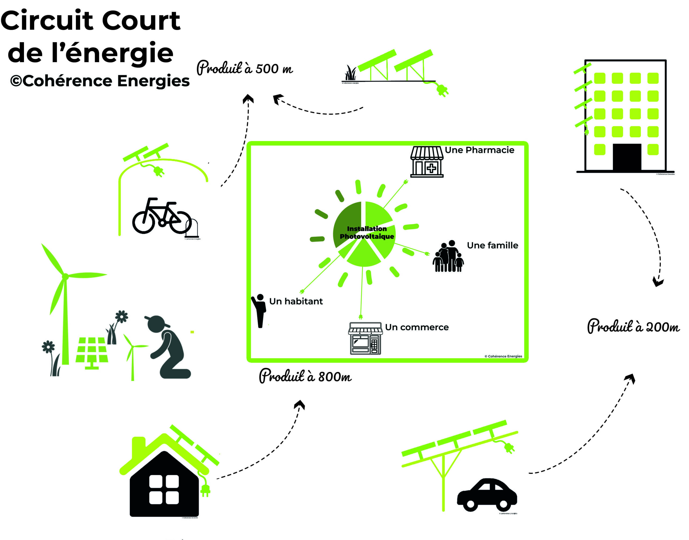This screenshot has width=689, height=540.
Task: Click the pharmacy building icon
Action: (427, 162)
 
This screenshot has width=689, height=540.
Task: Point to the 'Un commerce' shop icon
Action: (365, 338)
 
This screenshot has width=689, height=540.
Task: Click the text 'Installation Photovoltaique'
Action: (367, 232)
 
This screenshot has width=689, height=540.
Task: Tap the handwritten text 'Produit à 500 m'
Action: (245, 68)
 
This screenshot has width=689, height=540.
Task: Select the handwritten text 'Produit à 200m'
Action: (633, 327)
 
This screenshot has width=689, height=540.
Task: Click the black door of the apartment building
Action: (627, 157)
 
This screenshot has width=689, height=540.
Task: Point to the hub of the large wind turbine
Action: (65, 277)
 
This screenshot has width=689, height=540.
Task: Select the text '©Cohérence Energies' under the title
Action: (100, 81)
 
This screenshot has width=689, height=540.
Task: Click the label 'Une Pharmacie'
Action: (479, 150)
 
